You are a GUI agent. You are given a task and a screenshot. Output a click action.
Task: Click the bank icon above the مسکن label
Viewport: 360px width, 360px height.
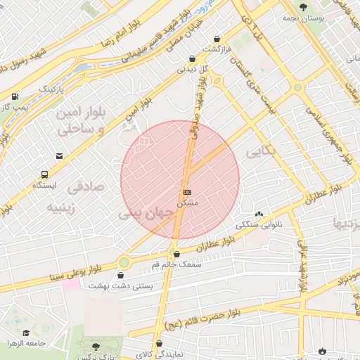click(186, 191)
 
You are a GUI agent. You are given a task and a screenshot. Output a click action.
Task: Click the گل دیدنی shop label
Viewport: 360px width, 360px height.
click(195, 69)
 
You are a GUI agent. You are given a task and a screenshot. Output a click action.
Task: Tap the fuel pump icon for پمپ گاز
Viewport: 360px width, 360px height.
click(15, 96)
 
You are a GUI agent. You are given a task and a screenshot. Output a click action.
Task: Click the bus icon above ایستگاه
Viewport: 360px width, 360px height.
click(45, 174)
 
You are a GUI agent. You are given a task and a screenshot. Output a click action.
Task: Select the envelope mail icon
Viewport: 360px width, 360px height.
click(60, 156)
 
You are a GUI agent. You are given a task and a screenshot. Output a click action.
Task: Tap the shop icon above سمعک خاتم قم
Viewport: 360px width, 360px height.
click(176, 254)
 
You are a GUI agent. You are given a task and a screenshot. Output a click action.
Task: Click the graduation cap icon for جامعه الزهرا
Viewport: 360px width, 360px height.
click(27, 333)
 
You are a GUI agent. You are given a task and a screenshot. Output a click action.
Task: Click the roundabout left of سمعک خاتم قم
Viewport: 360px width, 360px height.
click(124, 262)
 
